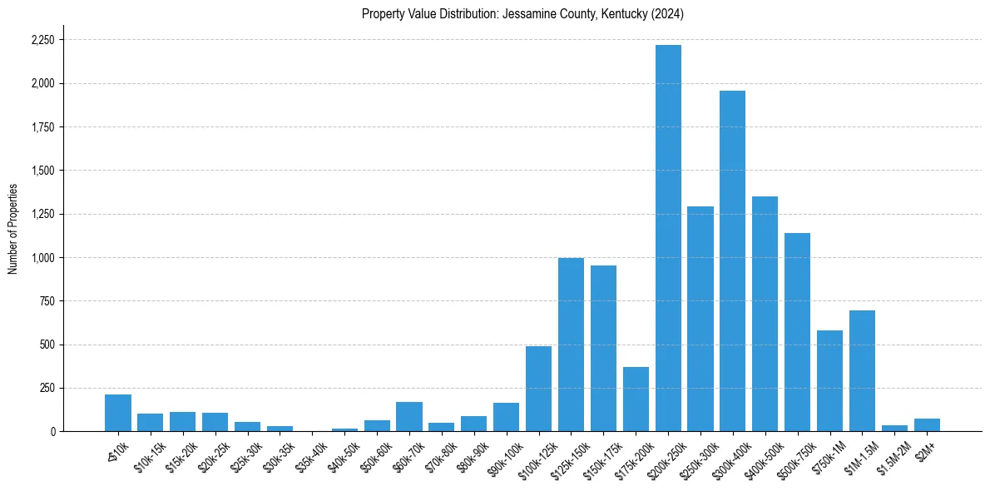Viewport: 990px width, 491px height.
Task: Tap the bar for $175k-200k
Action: point(636,399)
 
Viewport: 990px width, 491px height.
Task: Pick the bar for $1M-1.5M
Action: point(862,370)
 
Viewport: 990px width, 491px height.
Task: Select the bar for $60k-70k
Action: point(408,416)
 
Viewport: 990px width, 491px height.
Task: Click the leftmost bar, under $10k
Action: point(118,413)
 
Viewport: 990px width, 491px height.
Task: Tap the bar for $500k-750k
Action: point(797,332)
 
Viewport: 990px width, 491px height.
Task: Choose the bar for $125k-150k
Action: point(571,345)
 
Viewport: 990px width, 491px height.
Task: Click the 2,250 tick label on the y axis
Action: point(42,40)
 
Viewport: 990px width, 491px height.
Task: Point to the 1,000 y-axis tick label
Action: point(42,258)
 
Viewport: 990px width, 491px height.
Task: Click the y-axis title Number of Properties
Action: point(12,229)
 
